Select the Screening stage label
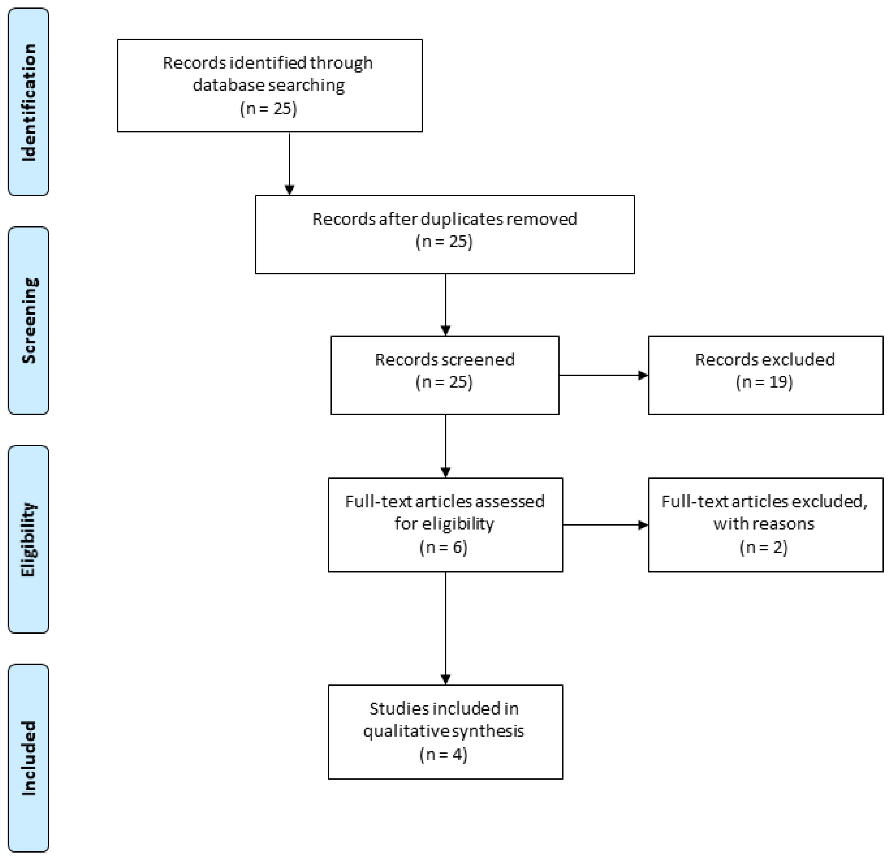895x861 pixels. coord(28,320)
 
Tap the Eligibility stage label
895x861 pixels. coord(28,539)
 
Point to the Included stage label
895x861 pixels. coord(28,758)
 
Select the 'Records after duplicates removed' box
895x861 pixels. coord(445,235)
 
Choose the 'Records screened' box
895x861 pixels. coord(445,375)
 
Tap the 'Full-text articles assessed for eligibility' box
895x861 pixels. coord(445,525)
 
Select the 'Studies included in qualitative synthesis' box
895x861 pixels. coord(445,732)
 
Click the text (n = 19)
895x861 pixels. coord(764,382)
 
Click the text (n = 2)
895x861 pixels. coord(764,547)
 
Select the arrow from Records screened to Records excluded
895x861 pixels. coord(604,375)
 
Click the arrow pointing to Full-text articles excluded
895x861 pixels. coord(606,525)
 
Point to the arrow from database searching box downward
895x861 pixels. coord(289,164)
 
